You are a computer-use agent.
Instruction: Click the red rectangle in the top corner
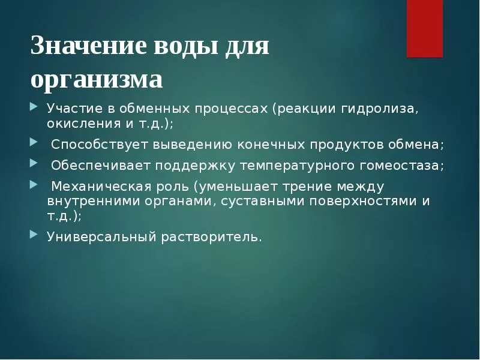pyautogui.click(x=425, y=28)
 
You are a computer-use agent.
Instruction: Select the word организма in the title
pyautogui.click(x=97, y=79)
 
